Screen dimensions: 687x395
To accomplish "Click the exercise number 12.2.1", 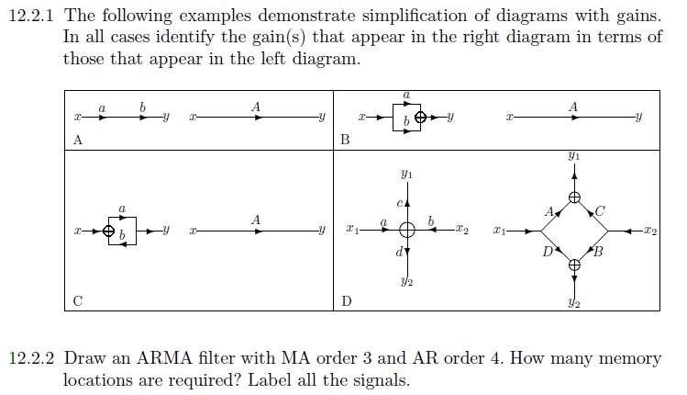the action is tap(31, 16).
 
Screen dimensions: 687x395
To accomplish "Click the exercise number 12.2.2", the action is tap(31, 358).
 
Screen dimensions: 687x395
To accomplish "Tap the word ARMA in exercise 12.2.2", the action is tap(164, 358).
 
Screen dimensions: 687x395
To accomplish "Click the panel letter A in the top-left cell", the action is tap(78, 140).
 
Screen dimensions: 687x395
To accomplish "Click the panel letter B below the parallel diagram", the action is tap(345, 140).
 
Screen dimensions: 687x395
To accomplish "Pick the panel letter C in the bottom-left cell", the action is tap(78, 301).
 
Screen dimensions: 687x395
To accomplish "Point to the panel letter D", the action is tap(346, 301).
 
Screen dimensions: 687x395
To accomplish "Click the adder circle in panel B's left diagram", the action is tap(420, 118).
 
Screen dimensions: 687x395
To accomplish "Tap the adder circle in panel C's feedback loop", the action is tap(108, 231).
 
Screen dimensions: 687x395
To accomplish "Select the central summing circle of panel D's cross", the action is tap(407, 230).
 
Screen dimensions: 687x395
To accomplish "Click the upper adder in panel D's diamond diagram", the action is tap(574, 197).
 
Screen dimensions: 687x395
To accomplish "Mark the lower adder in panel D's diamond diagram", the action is tap(574, 265).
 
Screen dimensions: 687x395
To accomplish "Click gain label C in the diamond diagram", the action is tap(600, 211).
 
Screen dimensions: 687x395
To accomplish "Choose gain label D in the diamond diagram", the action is tap(548, 252).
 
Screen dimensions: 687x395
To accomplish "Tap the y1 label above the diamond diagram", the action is tap(574, 156).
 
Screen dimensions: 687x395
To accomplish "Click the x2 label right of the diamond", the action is tap(650, 231).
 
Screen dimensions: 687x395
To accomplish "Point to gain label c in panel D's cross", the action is tap(400, 203).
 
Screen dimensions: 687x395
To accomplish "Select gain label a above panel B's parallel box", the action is tap(406, 95).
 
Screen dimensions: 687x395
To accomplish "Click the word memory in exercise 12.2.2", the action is tap(629, 359).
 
